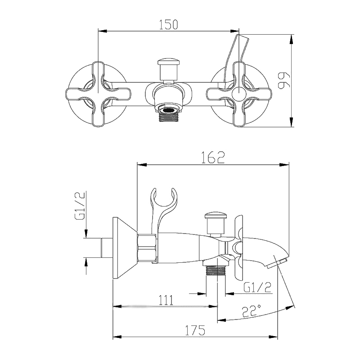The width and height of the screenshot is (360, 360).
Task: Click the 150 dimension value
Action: pos(168,25)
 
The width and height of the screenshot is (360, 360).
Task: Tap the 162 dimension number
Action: pos(213,157)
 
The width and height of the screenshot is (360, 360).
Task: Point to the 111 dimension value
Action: pos(166,300)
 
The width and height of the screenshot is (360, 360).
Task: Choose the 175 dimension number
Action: pos(195,330)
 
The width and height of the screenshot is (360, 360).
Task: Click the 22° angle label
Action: pos(252,310)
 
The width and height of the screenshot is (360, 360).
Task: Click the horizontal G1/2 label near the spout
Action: pos(257,287)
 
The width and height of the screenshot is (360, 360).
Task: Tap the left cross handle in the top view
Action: pos(98,94)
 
